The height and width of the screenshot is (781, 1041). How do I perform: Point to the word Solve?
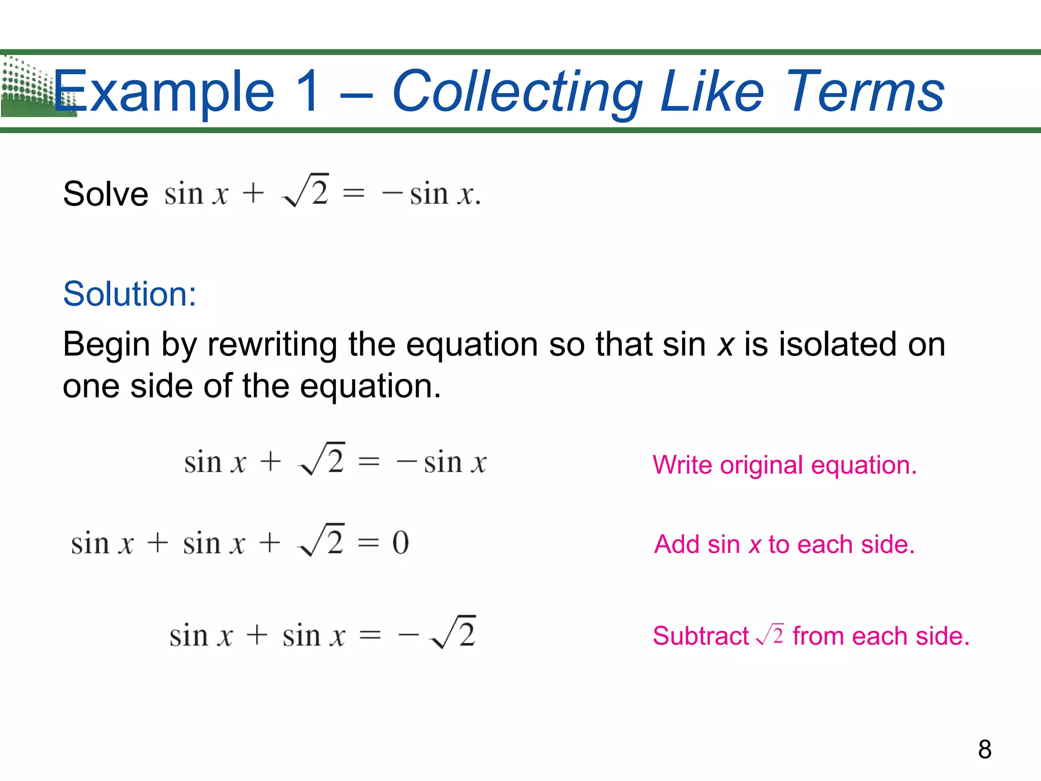pos(105,194)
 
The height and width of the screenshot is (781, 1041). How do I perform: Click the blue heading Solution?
pos(130,294)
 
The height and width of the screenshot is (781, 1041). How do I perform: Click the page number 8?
pos(985,749)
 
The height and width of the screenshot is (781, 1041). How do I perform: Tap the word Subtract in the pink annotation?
pos(700,636)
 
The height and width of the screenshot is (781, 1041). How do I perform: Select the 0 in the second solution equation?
pos(401,543)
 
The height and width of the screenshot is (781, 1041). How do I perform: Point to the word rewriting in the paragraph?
pos(272,345)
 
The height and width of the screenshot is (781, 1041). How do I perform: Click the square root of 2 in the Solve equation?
pos(305,191)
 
